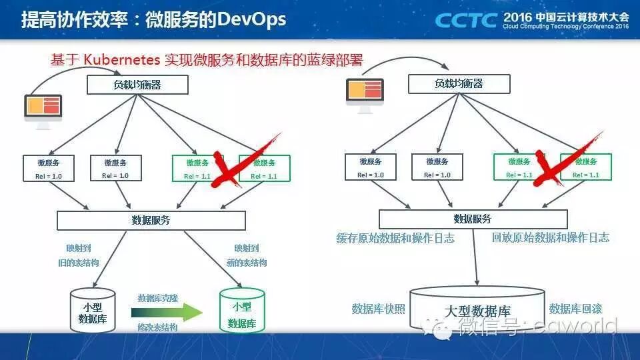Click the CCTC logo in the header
(466, 20)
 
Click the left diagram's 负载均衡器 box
(138, 85)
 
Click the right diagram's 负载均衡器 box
(459, 83)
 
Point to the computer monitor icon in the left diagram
(43, 107)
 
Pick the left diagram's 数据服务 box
(151, 221)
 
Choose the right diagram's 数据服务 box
(473, 219)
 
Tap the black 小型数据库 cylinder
(93, 309)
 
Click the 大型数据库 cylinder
(477, 309)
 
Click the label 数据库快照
(378, 309)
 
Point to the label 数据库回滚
(575, 309)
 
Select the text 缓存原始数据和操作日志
(395, 238)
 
